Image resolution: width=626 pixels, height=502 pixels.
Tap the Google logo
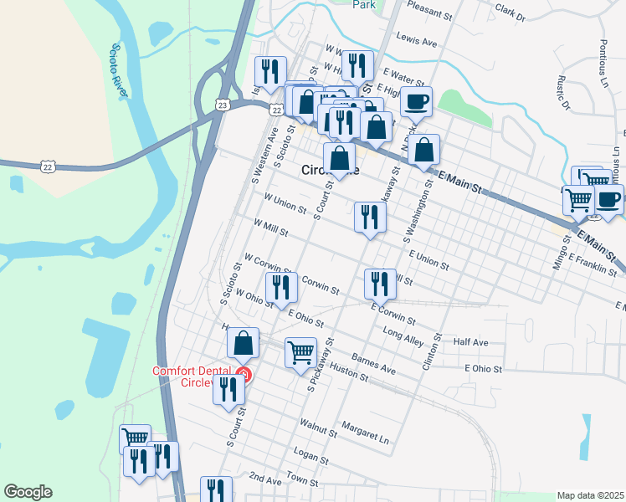pyautogui.click(x=28, y=492)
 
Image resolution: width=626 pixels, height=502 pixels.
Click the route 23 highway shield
pyautogui.click(x=222, y=105)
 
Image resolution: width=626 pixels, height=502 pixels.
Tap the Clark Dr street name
pyautogui.click(x=510, y=13)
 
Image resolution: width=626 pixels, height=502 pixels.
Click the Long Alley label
pyautogui.click(x=404, y=336)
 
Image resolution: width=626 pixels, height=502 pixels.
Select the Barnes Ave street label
pyautogui.click(x=373, y=363)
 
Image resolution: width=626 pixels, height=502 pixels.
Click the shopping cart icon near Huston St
pyautogui.click(x=300, y=351)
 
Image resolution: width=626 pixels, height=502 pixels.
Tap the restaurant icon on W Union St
pyautogui.click(x=369, y=217)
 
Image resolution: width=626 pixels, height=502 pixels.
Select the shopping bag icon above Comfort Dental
pyautogui.click(x=243, y=342)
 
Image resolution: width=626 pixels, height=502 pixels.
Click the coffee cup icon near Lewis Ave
pyautogui.click(x=416, y=101)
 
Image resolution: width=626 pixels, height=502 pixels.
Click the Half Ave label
pyautogui.click(x=469, y=342)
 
